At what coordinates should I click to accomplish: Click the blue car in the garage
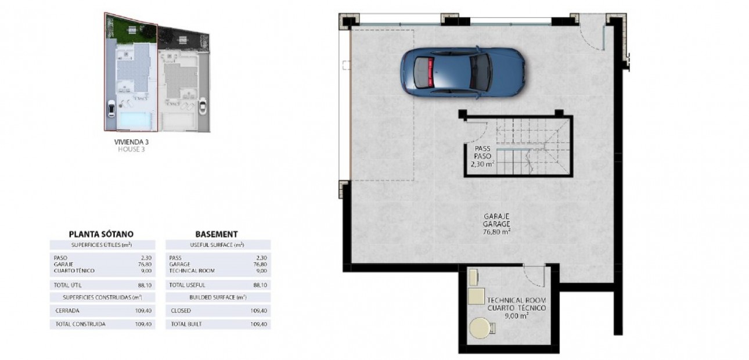pos(463,73)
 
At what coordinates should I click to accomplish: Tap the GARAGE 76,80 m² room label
pos(496,224)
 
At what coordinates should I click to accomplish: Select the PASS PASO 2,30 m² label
pos(482,156)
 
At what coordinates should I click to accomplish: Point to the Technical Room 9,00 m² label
pos(516,308)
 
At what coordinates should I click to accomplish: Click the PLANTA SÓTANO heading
pos(101,235)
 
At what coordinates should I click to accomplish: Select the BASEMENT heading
pos(217,235)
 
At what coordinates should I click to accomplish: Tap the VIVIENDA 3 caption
pos(131,142)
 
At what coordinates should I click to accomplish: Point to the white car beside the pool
pos(111,109)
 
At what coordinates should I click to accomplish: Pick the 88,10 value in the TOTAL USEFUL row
pos(260,285)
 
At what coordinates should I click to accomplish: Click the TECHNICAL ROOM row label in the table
pos(192,271)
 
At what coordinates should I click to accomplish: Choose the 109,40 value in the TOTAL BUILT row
pos(259,324)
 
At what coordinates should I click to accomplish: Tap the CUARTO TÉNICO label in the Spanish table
pos(74,271)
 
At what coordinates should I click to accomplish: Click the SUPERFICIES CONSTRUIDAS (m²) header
pos(103,297)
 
